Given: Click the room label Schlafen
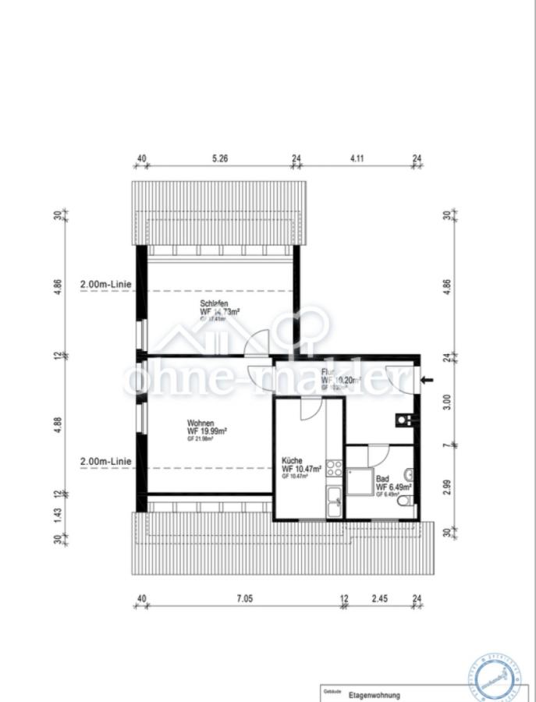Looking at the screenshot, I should click(215, 303).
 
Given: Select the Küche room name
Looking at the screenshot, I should click(292, 460).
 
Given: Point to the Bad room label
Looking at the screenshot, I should click(382, 479).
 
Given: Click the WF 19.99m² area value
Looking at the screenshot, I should click(207, 431).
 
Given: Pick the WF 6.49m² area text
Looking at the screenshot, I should click(393, 487).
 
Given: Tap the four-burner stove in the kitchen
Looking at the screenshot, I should click(334, 468).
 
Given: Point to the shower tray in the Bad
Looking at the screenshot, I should click(360, 481).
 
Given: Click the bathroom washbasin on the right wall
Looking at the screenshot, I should click(410, 473).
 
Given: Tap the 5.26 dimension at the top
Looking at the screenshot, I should click(221, 158).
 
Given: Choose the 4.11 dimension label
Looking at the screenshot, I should click(357, 158).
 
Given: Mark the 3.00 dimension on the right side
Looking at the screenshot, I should click(447, 401).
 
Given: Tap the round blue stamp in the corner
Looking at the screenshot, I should click(496, 674).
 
